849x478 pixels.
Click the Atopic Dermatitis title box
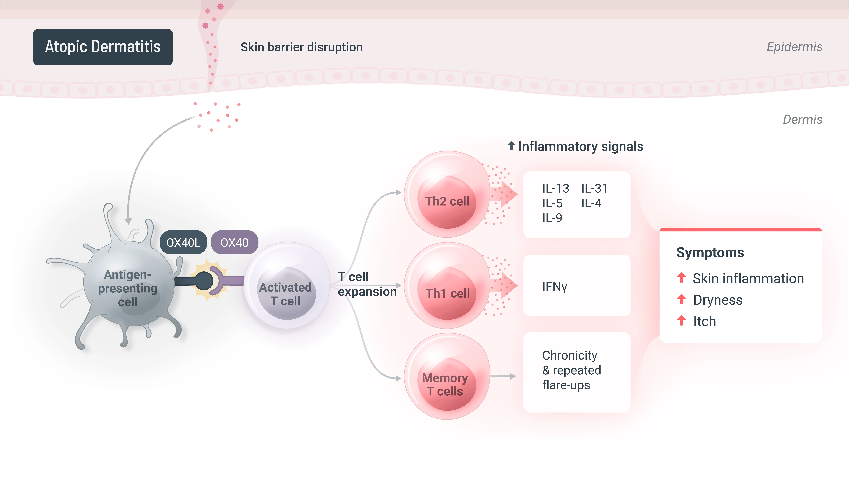103,47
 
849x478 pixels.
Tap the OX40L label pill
183,242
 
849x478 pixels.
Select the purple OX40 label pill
234,242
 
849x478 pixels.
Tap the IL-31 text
594,188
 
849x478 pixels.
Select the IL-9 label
552,218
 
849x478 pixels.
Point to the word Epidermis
794,47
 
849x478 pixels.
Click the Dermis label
803,119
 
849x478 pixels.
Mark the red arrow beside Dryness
681,300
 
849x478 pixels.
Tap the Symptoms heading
710,253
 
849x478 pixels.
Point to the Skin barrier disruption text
302,47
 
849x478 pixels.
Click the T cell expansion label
367,284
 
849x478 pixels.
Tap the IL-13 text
556,188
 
